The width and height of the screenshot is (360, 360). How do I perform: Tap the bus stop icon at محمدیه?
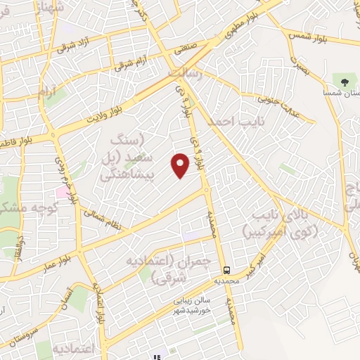(x=226, y=270)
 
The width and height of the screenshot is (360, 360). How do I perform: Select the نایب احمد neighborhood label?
(x=229, y=121)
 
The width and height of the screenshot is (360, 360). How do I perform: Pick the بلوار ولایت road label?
(x=113, y=111)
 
